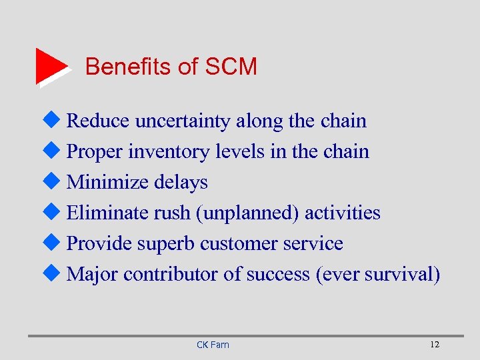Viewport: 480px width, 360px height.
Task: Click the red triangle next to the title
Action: pos(51,65)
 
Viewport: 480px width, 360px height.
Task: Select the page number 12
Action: pos(435,344)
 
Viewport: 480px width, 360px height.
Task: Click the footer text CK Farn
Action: pos(213,345)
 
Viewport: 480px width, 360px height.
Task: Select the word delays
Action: pos(181,182)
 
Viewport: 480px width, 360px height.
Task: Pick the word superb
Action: pos(166,244)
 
